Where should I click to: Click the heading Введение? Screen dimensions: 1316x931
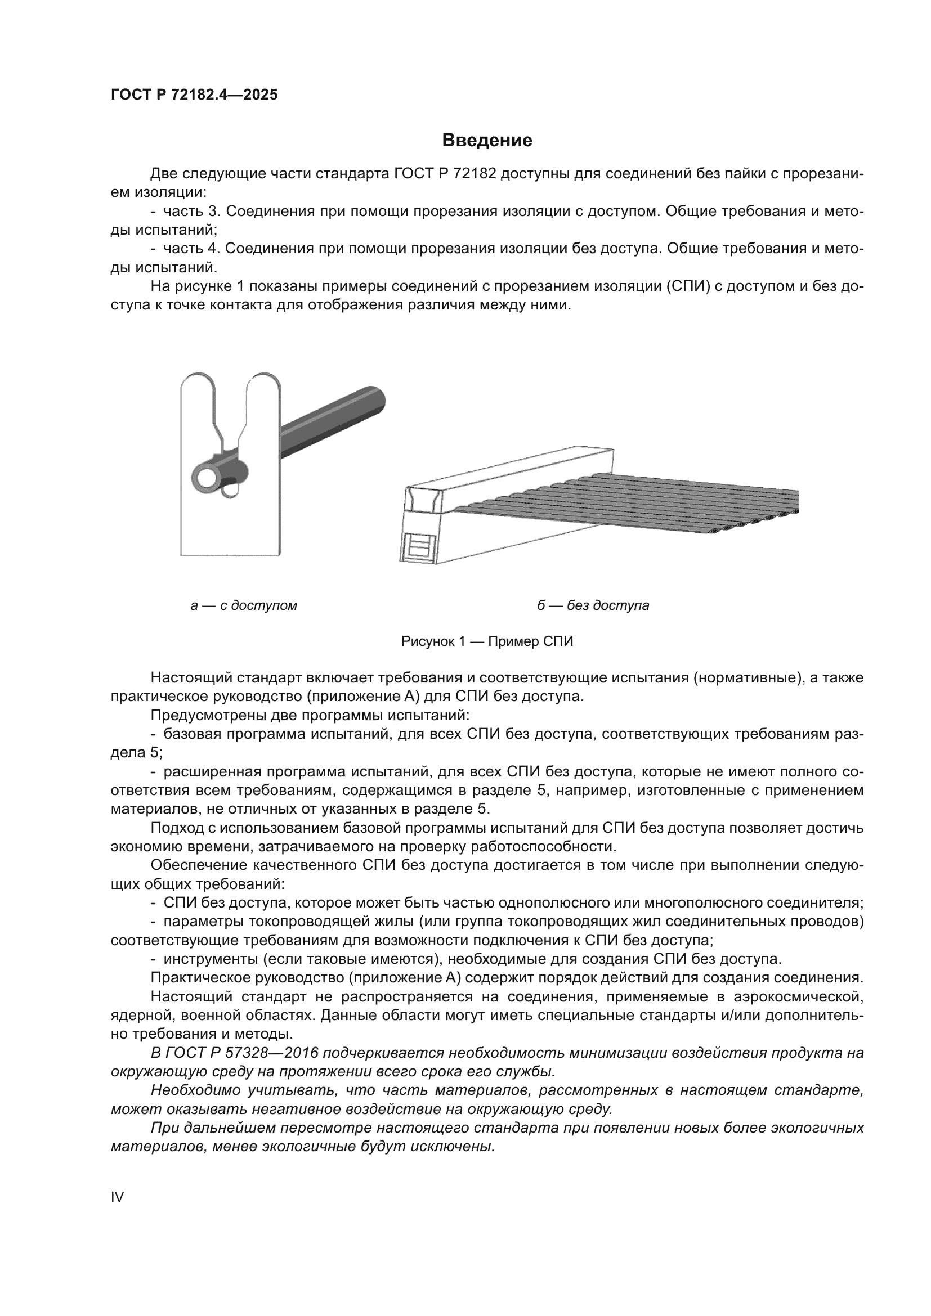point(487,141)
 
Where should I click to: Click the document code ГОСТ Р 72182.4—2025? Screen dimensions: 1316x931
point(194,95)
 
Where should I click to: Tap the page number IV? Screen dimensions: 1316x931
point(117,1197)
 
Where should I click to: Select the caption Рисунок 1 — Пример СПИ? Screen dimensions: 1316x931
point(487,641)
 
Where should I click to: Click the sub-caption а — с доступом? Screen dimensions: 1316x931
point(244,605)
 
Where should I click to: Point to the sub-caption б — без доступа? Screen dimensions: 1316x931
point(593,605)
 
